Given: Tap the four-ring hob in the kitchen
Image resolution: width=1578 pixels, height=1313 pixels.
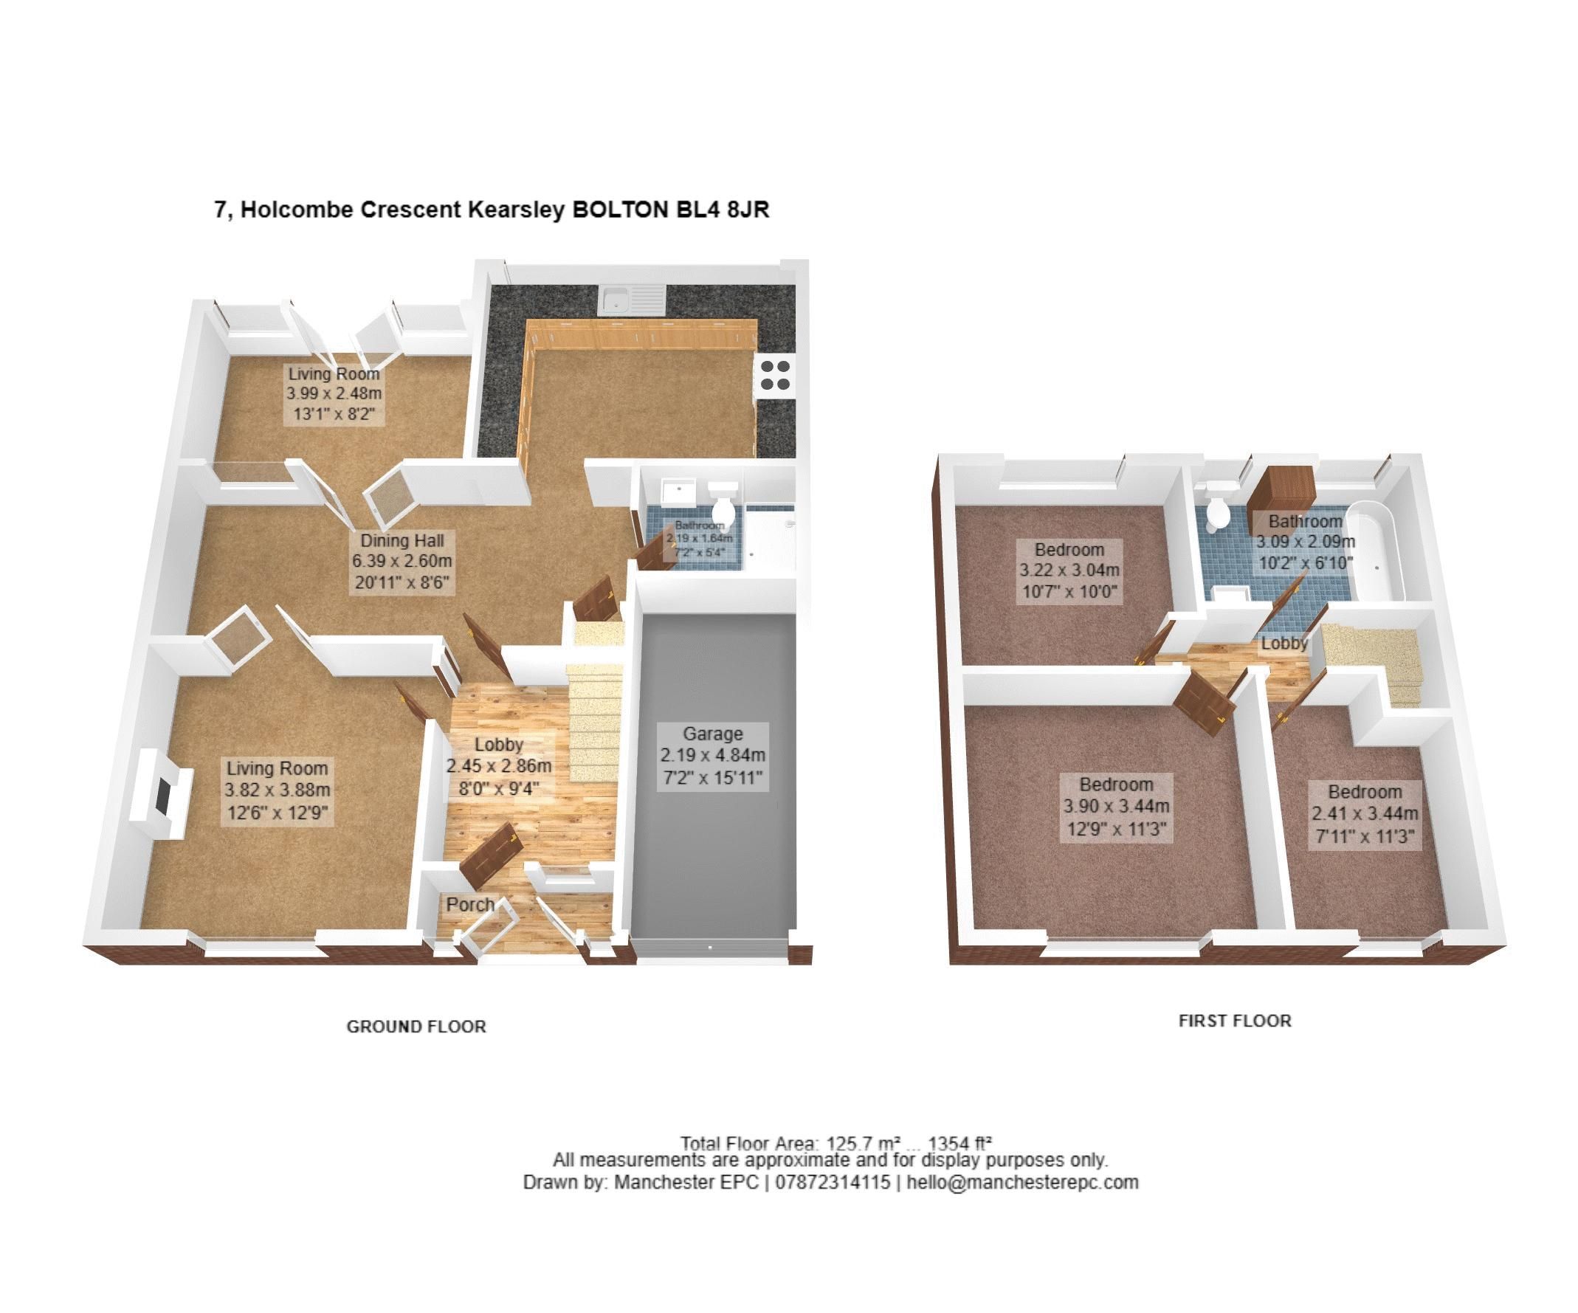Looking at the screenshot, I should click(775, 375).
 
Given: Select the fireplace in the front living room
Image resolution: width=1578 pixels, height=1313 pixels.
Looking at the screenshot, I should click(160, 793).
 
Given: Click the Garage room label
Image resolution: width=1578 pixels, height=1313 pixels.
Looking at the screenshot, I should click(712, 755).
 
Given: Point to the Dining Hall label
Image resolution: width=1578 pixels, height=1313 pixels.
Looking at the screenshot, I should click(402, 561).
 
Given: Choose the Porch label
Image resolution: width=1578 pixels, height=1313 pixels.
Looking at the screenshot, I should click(470, 904).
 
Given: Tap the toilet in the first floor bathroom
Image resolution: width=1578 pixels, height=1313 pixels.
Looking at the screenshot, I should click(1215, 510).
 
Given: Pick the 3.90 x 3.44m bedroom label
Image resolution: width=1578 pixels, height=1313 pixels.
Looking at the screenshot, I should click(1116, 807).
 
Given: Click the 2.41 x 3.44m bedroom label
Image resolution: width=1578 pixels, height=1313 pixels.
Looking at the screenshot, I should click(1365, 814).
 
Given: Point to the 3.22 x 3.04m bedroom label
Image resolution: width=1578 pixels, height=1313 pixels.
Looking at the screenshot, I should click(1069, 571).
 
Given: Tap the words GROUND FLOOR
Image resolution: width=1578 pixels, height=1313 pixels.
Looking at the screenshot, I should click(416, 1027).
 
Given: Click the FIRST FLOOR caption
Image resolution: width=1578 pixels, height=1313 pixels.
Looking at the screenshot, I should click(1235, 1021).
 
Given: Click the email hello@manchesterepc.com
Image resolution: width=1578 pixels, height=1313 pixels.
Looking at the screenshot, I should click(1022, 1182).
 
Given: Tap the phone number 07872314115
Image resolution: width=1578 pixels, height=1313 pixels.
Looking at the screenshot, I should click(832, 1182).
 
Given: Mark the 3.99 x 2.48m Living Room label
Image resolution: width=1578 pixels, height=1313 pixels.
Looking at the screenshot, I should click(334, 393).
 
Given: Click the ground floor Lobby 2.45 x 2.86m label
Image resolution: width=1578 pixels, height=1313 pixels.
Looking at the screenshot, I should click(499, 766).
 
